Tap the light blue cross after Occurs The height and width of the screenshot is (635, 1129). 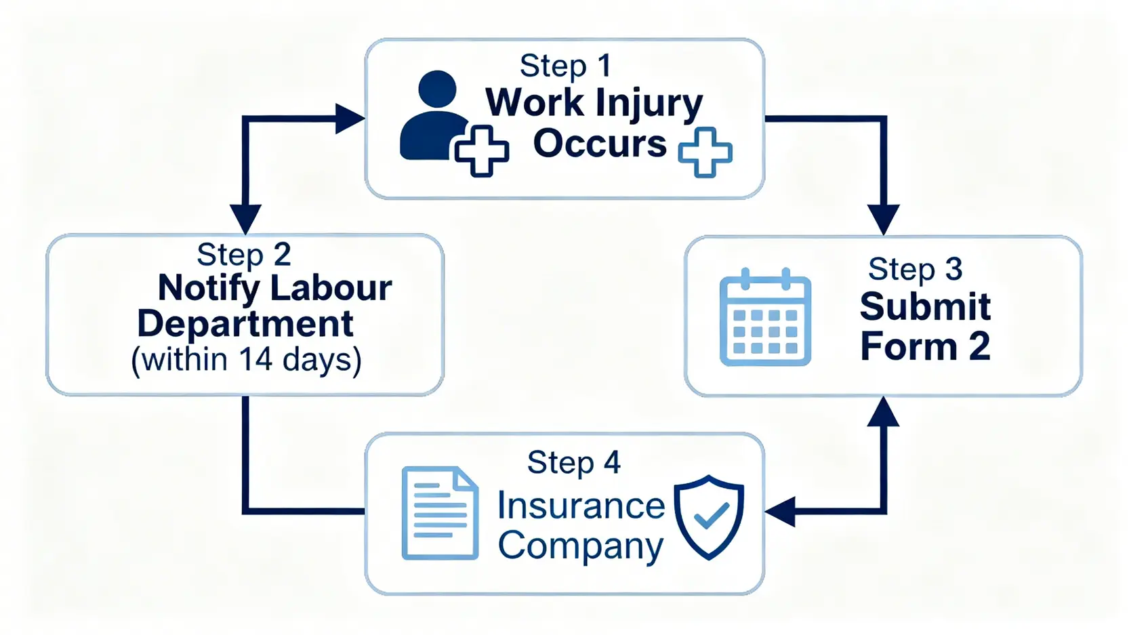pyautogui.click(x=705, y=152)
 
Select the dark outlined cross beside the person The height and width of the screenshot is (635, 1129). pyautogui.click(x=481, y=150)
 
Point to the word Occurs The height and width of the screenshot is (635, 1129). pyautogui.click(x=600, y=144)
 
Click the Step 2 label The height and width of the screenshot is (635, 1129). pyautogui.click(x=243, y=255)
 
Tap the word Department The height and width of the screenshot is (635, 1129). pyautogui.click(x=245, y=324)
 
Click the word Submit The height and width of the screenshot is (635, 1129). pyautogui.click(x=925, y=307)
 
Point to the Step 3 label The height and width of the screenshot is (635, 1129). pyautogui.click(x=915, y=269)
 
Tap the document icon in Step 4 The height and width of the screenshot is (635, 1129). pyautogui.click(x=440, y=513)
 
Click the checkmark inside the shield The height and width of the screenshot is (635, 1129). pyautogui.click(x=711, y=516)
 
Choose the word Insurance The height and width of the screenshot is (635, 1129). pyautogui.click(x=581, y=506)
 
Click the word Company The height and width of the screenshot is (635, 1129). pyautogui.click(x=581, y=546)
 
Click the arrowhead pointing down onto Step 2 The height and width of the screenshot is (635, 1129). pyautogui.click(x=245, y=218)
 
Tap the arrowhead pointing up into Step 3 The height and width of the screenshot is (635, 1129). pyautogui.click(x=884, y=412)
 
